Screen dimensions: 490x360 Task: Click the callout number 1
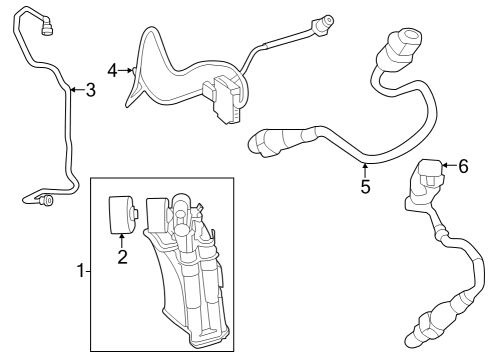pyautogui.click(x=81, y=271)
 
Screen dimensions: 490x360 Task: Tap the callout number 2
pyautogui.click(x=122, y=257)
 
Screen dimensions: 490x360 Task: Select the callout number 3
pyautogui.click(x=91, y=90)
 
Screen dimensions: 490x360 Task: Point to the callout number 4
pyautogui.click(x=112, y=71)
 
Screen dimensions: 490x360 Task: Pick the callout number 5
pyautogui.click(x=365, y=186)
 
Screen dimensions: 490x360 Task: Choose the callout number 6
pyautogui.click(x=463, y=166)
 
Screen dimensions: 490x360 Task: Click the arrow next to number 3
pyautogui.click(x=78, y=90)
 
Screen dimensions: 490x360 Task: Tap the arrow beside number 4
pyautogui.click(x=125, y=70)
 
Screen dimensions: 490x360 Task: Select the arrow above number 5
pyautogui.click(x=365, y=170)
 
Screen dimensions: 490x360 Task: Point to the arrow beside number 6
pyautogui.click(x=449, y=165)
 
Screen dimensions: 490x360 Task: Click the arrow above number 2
pyautogui.click(x=122, y=241)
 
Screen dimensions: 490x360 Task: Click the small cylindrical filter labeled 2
pyautogui.click(x=124, y=214)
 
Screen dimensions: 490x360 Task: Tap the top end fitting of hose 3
pyautogui.click(x=46, y=27)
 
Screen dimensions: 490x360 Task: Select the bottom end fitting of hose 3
pyautogui.click(x=46, y=201)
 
